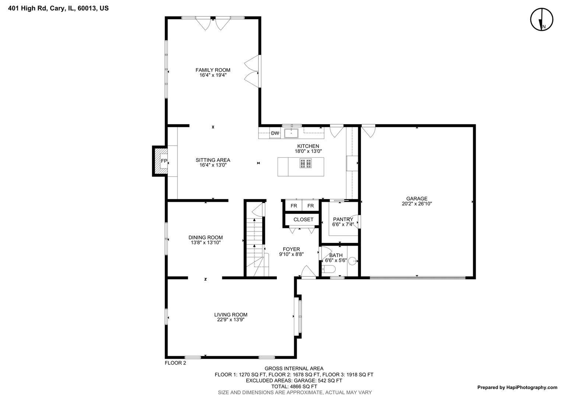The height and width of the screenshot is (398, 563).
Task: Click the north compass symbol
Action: pos(541,20)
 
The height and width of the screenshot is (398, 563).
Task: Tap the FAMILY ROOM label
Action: pos(213,70)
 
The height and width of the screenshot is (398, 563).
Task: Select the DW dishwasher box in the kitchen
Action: pos(275,133)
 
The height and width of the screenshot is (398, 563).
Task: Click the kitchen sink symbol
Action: pos(293,133)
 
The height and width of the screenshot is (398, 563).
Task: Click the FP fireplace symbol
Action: pos(163,161)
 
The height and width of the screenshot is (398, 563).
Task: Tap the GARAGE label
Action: pos(417,198)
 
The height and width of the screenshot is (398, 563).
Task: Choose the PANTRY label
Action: pos(343,219)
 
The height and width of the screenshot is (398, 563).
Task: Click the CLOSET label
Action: pos(303,220)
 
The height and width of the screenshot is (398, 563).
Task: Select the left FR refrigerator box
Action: pos(293,206)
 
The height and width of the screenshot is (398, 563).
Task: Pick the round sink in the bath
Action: pos(352,261)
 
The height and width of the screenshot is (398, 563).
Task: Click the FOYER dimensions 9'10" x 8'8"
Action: pos(291,254)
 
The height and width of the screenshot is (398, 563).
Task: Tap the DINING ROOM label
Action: pos(205,237)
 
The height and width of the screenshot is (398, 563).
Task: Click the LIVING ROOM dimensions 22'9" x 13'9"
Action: pos(231,320)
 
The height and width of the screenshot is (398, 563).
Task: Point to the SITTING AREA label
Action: pos(213,160)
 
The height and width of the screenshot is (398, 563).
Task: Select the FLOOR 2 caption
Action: pos(175,363)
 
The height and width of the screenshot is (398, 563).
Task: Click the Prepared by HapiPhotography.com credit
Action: pos(517,387)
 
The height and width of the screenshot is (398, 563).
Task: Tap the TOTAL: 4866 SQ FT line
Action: pos(294,387)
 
